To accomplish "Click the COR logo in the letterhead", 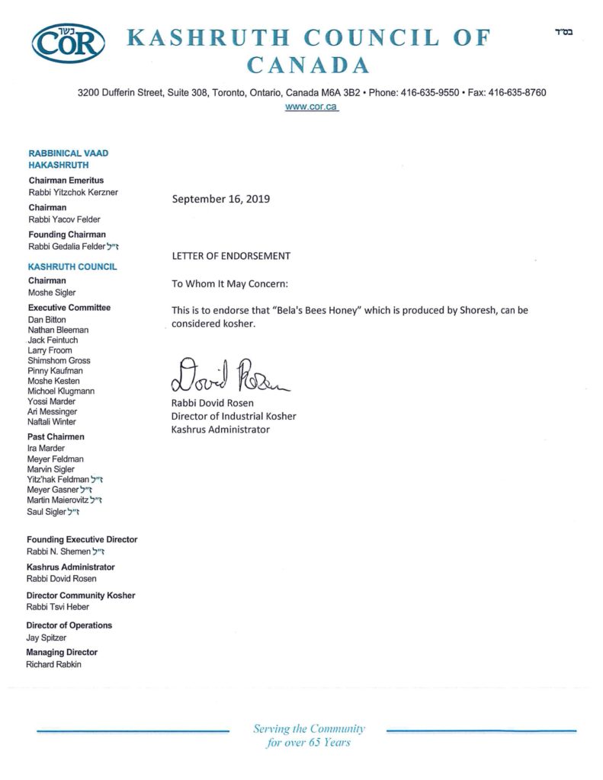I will (x=69, y=43).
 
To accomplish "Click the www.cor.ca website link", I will (x=311, y=107).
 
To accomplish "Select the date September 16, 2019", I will (x=221, y=200).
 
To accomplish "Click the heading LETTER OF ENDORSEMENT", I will (x=231, y=256).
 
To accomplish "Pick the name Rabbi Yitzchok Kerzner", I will (x=73, y=193).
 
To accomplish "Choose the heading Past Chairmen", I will (x=56, y=437).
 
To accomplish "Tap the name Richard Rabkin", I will (x=53, y=664).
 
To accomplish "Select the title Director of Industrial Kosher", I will (x=234, y=416).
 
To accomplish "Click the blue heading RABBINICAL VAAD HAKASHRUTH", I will (x=69, y=159).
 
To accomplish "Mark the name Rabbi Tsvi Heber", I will (x=58, y=607).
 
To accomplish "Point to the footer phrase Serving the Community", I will (x=309, y=729).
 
